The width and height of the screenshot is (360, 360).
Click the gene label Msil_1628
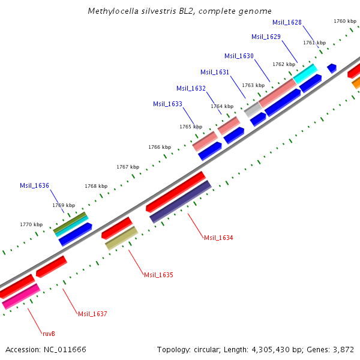[x=287, y=22]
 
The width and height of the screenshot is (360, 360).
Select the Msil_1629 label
[x=266, y=37]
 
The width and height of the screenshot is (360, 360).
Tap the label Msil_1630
[x=239, y=56]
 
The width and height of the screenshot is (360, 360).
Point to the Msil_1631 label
[x=215, y=72]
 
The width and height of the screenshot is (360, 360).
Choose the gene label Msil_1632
[x=191, y=88]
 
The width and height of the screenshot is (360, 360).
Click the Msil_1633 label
[x=167, y=104]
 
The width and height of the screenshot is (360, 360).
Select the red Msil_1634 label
[x=218, y=238]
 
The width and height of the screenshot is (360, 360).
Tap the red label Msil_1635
[x=158, y=275]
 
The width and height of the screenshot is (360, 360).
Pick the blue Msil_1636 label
[x=34, y=185]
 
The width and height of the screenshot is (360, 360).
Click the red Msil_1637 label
[x=92, y=314]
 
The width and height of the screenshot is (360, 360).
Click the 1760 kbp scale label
[x=345, y=21]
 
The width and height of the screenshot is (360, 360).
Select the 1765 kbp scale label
[x=191, y=127]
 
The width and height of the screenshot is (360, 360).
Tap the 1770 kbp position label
[x=31, y=224]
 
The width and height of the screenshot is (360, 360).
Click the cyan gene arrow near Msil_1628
[x=305, y=73]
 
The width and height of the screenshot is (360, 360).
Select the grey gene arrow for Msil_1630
[x=253, y=109]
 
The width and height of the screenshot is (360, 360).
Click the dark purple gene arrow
[x=180, y=202]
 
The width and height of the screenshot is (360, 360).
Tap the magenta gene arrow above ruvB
[x=21, y=296]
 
